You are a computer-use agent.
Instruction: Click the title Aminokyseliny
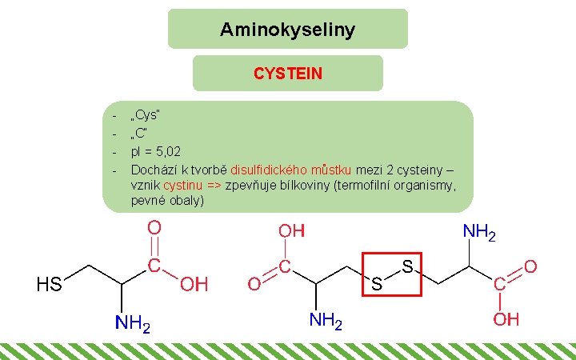[287, 30]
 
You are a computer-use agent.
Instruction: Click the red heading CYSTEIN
[288, 74]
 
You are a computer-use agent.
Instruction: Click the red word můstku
[331, 169]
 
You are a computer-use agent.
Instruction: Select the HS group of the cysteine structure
[50, 284]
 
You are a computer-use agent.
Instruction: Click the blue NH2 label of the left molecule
[132, 324]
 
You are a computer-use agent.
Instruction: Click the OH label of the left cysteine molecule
[194, 284]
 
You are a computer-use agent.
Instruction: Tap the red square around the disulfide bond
[391, 274]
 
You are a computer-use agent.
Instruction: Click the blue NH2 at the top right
[480, 233]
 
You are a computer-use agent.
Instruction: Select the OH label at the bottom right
[506, 320]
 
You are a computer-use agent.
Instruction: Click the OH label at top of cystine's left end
[291, 231]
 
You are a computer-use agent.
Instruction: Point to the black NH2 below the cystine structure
[326, 322]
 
